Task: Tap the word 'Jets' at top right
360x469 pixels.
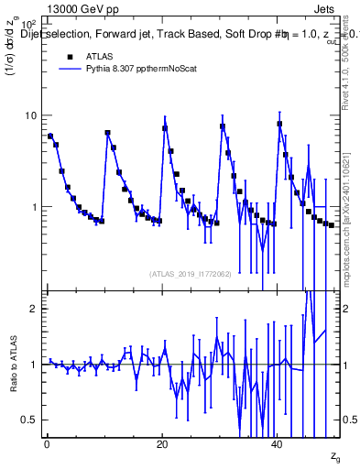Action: [x=325, y=7]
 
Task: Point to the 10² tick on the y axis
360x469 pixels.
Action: [x=27, y=25]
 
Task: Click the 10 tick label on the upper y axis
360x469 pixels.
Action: [x=29, y=116]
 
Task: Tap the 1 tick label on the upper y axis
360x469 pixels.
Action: [x=33, y=207]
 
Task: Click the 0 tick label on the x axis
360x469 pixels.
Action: [x=46, y=444]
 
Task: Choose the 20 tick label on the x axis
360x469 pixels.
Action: [x=162, y=444]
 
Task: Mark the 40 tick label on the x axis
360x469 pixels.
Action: [x=278, y=444]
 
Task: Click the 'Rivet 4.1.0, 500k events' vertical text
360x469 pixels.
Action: [x=349, y=82]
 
